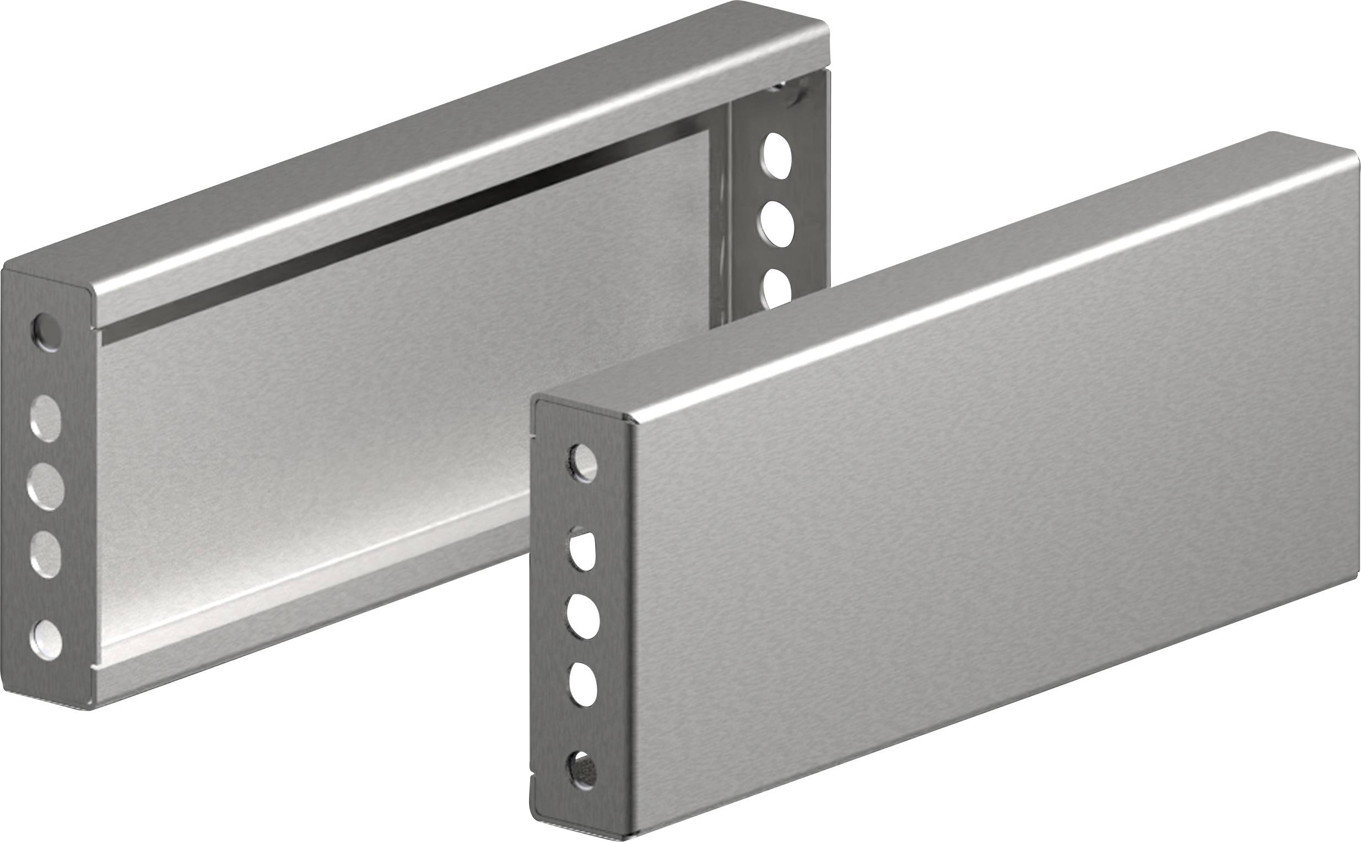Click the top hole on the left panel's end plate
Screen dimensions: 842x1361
click(x=47, y=333)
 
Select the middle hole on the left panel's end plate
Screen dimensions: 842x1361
click(x=46, y=488)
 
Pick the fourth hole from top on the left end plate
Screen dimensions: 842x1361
click(x=46, y=553)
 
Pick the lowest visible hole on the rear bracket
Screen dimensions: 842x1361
click(x=776, y=287)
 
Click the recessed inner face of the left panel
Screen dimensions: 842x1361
click(x=390, y=390)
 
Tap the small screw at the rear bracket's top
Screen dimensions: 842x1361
click(x=778, y=88)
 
